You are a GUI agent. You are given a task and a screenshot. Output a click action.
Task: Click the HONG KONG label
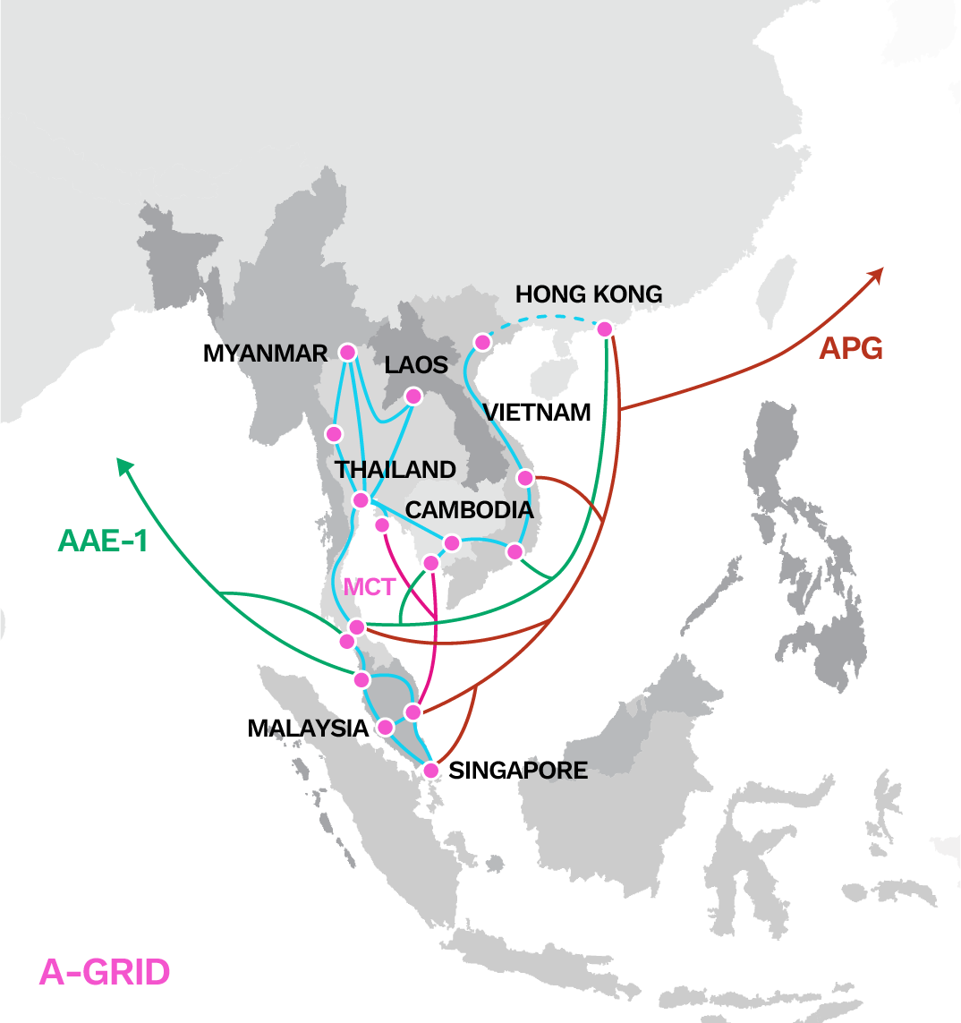(x=589, y=294)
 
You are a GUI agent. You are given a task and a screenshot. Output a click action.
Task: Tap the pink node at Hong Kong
(x=605, y=329)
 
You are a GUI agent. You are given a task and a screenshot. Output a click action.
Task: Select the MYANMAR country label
(x=266, y=354)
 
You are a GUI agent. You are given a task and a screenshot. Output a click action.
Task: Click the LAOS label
(x=415, y=364)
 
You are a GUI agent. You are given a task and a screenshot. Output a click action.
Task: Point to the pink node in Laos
(x=413, y=396)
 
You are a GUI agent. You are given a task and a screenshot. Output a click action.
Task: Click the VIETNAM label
(x=537, y=413)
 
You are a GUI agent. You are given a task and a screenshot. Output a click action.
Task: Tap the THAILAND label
(x=395, y=469)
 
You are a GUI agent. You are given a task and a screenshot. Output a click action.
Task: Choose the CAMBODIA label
(x=469, y=510)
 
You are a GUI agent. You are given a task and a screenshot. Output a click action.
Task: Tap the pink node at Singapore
(x=431, y=770)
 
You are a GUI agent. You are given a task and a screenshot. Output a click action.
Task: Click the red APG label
(x=851, y=349)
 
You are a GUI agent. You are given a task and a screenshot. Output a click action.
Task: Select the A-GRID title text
(x=105, y=972)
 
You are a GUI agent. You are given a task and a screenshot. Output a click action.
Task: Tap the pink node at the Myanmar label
(x=347, y=352)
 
